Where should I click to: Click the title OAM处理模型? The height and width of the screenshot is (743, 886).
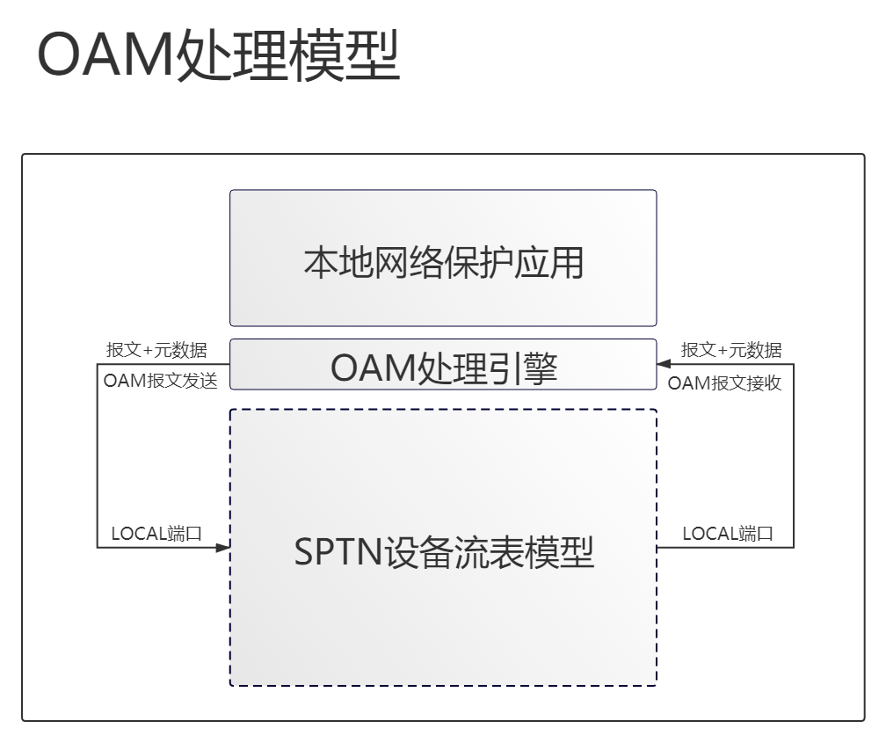(219, 55)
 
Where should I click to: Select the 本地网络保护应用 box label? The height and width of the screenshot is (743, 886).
(444, 263)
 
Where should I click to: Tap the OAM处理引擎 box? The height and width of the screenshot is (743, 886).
(443, 365)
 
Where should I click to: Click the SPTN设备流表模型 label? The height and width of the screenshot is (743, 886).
(444, 552)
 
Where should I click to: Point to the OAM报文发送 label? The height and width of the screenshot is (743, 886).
(161, 381)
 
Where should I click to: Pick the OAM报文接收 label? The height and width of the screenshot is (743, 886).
(724, 383)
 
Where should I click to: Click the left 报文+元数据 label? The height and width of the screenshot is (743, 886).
(156, 350)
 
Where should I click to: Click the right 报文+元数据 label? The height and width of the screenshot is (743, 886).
(731, 350)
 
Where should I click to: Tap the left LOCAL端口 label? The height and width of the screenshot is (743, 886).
(156, 533)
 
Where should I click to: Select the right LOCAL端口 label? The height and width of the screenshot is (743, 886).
(728, 533)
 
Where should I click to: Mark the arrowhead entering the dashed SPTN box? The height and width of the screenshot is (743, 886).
(223, 547)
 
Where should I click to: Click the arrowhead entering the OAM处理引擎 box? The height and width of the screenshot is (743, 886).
(664, 364)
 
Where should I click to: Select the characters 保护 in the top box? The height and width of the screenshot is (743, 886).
(478, 263)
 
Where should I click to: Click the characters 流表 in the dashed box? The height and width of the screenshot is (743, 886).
(490, 552)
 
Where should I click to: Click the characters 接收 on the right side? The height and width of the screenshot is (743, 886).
(764, 383)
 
